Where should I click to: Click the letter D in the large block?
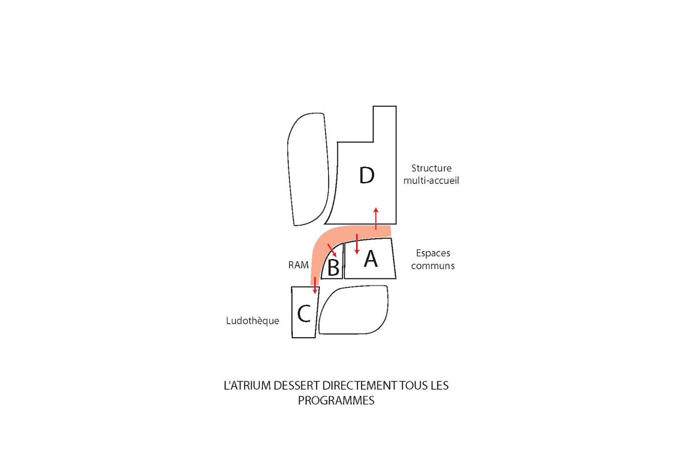tap(366, 175)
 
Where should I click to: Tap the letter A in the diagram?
tap(371, 259)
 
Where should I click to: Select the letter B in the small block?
tap(334, 268)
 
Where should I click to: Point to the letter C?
tap(304, 313)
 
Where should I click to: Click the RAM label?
tap(298, 265)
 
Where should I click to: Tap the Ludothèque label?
tap(253, 321)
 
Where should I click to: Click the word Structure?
tap(431, 168)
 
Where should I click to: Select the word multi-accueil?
tap(431, 180)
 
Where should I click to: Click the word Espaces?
tap(433, 253)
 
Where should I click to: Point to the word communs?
tap(432, 265)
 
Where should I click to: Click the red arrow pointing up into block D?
tap(376, 218)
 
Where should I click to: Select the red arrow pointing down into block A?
tap(357, 244)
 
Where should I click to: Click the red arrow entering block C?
tap(315, 285)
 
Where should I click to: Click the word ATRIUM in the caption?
tap(251, 386)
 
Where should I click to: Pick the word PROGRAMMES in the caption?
tap(336, 401)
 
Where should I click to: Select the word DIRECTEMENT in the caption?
tap(359, 386)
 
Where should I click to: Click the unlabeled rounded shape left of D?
tap(308, 169)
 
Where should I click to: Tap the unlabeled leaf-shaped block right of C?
tap(353, 310)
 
